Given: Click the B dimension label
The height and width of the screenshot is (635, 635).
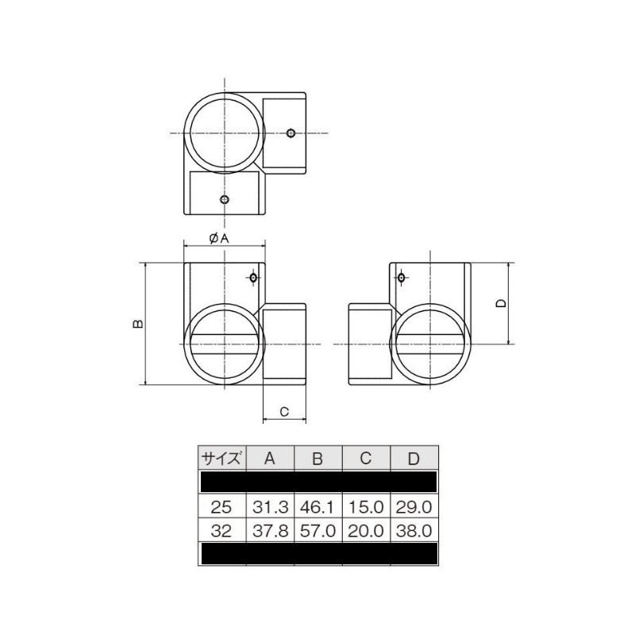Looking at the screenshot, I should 137,324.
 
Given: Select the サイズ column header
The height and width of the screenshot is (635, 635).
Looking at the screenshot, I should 222,458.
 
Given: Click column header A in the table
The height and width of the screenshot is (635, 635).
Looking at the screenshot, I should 270,458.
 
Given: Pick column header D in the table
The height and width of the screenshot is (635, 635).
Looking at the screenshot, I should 414,458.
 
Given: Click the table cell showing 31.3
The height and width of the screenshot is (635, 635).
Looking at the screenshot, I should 270,506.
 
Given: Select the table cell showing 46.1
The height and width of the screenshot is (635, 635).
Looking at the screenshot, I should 317,506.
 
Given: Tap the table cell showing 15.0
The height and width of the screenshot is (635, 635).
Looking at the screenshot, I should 366,506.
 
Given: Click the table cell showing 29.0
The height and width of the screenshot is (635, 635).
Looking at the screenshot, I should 414,506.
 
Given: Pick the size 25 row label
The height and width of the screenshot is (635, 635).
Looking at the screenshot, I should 222,506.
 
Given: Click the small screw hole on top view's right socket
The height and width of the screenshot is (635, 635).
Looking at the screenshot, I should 291,133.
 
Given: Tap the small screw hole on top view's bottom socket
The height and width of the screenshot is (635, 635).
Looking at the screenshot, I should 225,198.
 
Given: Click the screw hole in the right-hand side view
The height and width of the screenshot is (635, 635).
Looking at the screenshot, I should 401,278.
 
